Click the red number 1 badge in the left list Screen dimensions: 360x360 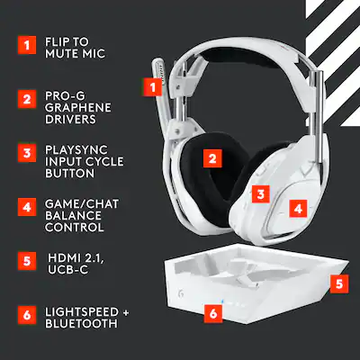(28, 43)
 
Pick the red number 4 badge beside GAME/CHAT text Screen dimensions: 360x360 (28, 207)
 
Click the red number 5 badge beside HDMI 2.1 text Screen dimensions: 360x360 (28, 261)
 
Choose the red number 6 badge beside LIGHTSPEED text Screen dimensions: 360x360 (28, 315)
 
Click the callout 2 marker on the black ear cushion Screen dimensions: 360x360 (211, 159)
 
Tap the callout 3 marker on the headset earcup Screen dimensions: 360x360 (259, 193)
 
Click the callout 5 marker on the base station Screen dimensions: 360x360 (337, 283)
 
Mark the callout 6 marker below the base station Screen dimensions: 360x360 (212, 314)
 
